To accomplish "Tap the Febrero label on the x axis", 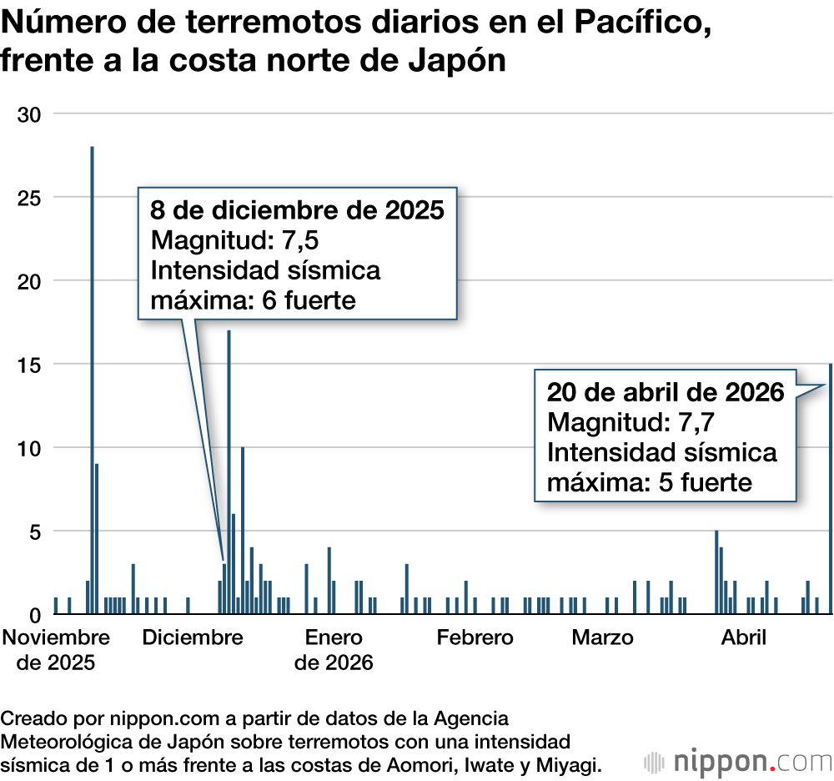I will pyautogui.click(x=475, y=638).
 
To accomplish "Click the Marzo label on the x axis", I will pyautogui.click(x=602, y=638).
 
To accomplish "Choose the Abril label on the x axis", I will pyautogui.click(x=744, y=638).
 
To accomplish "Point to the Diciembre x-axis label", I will pyautogui.click(x=193, y=638).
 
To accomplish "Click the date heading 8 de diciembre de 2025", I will pyautogui.click(x=297, y=209).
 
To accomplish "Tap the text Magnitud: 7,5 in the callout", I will pyautogui.click(x=236, y=240).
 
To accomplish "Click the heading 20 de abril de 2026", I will pyautogui.click(x=666, y=392).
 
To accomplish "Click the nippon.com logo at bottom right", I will pyautogui.click(x=738, y=761).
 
